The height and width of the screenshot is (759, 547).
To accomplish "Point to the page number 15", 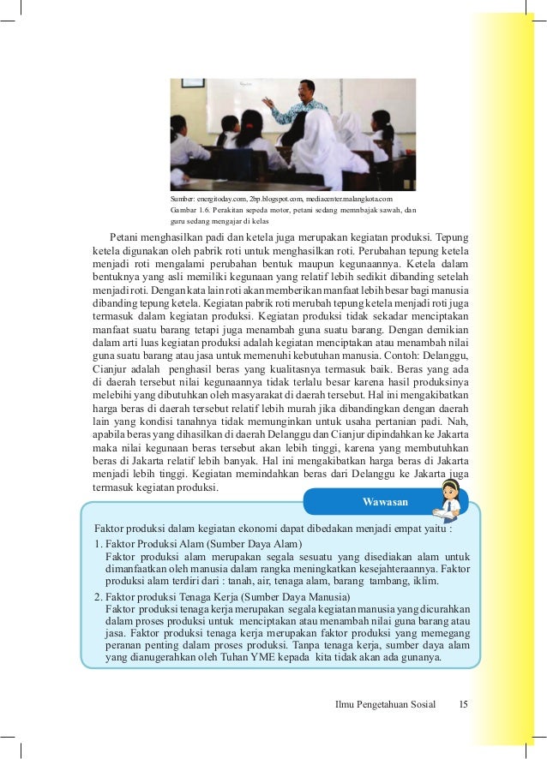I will (x=463, y=705).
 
